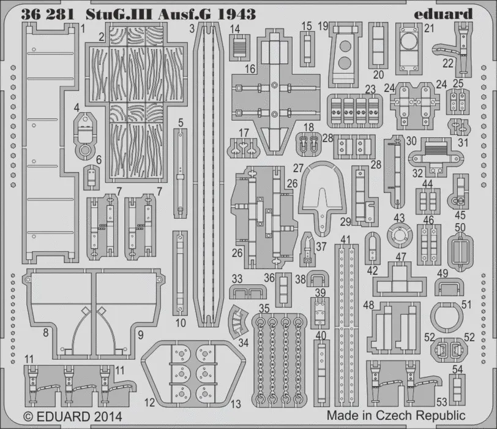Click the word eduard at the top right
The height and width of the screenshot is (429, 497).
tap(443, 14)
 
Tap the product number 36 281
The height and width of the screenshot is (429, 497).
tap(48, 15)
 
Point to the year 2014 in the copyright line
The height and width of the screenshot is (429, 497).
tap(106, 417)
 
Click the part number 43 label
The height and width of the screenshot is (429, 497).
tap(399, 218)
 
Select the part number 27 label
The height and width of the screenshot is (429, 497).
tap(298, 168)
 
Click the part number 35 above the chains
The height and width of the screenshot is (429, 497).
tap(264, 308)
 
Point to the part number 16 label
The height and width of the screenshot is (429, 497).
tap(250, 69)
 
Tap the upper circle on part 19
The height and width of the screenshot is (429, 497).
tap(345, 47)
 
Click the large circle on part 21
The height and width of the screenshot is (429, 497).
tap(409, 42)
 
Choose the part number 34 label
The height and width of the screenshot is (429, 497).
tap(244, 343)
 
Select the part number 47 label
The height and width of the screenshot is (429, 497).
tap(401, 257)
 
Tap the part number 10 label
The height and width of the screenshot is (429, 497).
tap(181, 323)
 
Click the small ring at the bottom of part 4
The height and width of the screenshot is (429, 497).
tap(84, 150)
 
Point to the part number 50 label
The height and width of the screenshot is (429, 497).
tap(460, 227)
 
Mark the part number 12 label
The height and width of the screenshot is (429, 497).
tap(149, 403)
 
